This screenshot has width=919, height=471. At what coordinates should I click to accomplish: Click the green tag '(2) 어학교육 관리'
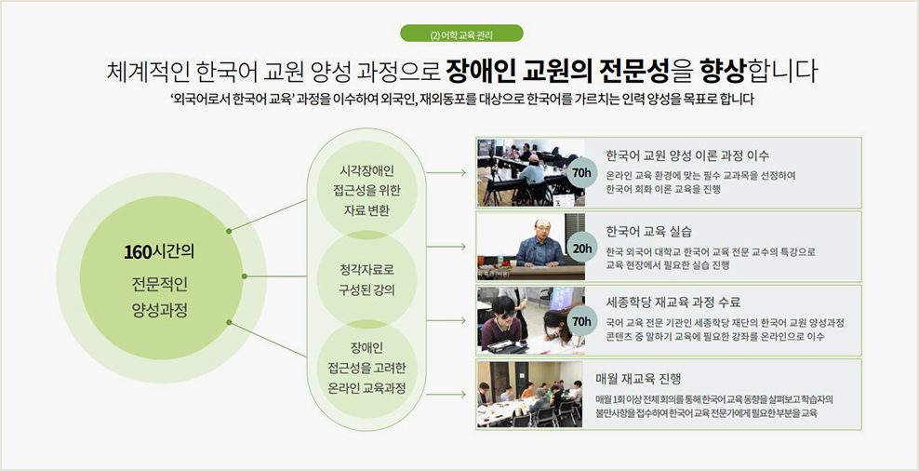[461, 34]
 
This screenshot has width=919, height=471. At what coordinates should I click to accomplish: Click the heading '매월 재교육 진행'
[639, 378]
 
